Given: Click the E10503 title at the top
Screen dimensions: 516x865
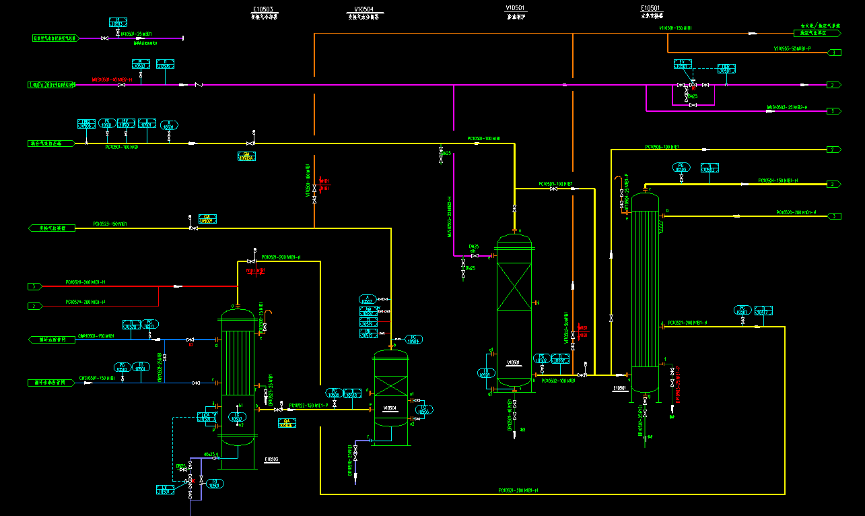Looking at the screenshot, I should pyautogui.click(x=263, y=9).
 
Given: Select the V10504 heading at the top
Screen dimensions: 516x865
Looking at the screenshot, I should pyautogui.click(x=364, y=9).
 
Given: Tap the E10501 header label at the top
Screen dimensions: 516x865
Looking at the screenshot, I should pyautogui.click(x=650, y=9).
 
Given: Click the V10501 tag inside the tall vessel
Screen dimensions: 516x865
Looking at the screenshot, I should pyautogui.click(x=513, y=362).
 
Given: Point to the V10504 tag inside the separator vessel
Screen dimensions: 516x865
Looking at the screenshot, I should pyautogui.click(x=390, y=408).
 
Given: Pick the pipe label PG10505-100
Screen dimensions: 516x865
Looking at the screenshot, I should pyautogui.click(x=555, y=183).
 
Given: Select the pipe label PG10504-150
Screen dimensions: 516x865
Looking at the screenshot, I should pyautogui.click(x=777, y=181).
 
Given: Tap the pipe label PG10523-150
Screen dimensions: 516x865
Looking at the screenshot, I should pyautogui.click(x=110, y=224).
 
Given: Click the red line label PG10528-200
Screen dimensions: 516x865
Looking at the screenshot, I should pyautogui.click(x=85, y=282).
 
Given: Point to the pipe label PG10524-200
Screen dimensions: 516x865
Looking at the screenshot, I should pyautogui.click(x=85, y=302).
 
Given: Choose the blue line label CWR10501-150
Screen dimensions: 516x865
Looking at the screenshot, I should pyautogui.click(x=95, y=335).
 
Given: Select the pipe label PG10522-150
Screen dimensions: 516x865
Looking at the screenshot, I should pyautogui.click(x=308, y=406).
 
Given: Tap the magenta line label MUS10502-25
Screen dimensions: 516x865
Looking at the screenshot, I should pyautogui.click(x=787, y=107).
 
